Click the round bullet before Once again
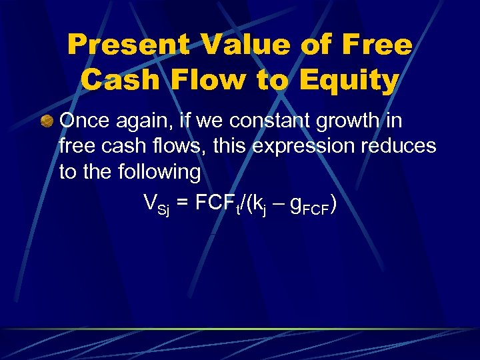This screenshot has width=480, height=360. click(x=46, y=121)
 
